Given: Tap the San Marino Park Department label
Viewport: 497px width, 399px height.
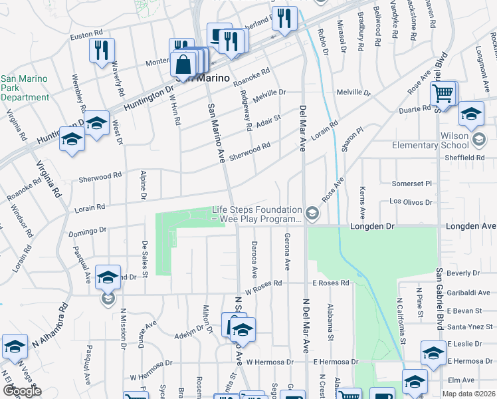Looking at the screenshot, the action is pyautogui.click(x=24, y=88).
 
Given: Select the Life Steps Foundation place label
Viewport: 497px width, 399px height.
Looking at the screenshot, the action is pyautogui.click(x=257, y=213).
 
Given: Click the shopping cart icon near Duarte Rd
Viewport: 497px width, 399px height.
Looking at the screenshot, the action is pyautogui.click(x=443, y=94).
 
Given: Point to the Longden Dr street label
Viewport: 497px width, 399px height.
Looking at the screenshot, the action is pyautogui.click(x=372, y=226).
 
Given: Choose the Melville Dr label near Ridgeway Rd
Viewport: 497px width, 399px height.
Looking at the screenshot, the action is pyautogui.click(x=268, y=93).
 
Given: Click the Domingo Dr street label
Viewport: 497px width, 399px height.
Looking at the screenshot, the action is pyautogui.click(x=87, y=233).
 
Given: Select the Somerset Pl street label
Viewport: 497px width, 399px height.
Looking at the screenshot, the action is pyautogui.click(x=412, y=183).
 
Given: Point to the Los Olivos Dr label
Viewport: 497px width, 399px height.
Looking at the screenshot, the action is pyautogui.click(x=411, y=201).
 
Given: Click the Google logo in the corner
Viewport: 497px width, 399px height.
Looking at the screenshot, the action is pyautogui.click(x=22, y=391).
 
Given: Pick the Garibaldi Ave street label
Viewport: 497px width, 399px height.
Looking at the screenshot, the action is pyautogui.click(x=468, y=293).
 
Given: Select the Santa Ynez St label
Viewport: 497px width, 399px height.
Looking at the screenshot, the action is pyautogui.click(x=468, y=327).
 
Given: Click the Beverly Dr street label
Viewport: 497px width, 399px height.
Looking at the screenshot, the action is pyautogui.click(x=464, y=273).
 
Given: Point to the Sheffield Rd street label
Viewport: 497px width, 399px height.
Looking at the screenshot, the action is pyautogui.click(x=466, y=158).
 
